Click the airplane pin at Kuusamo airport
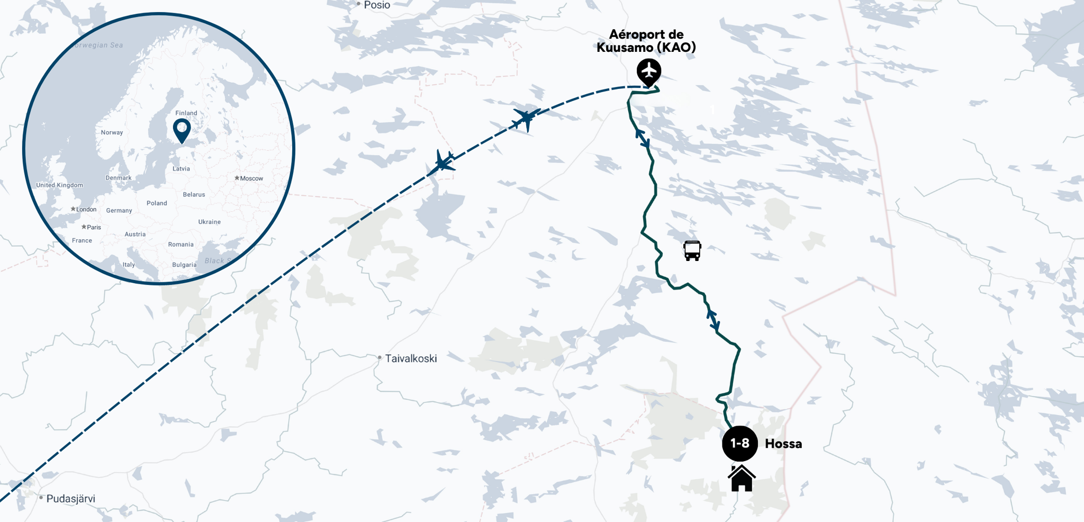pyautogui.click(x=648, y=71)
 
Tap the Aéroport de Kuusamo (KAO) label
pyautogui.click(x=646, y=41)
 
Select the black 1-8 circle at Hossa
pyautogui.click(x=739, y=444)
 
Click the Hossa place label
pyautogui.click(x=783, y=444)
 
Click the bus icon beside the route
pyautogui.click(x=692, y=250)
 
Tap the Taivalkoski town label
pyautogui.click(x=411, y=358)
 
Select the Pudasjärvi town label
pyautogui.click(x=70, y=499)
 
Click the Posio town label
pyautogui.click(x=376, y=5)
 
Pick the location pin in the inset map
pyautogui.click(x=182, y=130)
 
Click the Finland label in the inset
pyautogui.click(x=186, y=113)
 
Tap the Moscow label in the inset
pyautogui.click(x=251, y=178)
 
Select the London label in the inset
pyautogui.click(x=86, y=209)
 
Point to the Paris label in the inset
pyautogui.click(x=93, y=227)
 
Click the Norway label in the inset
pyautogui.click(x=112, y=132)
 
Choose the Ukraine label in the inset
pyautogui.click(x=209, y=222)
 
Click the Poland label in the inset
pyautogui.click(x=157, y=203)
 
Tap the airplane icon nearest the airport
pyautogui.click(x=525, y=119)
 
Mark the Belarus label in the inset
pyautogui.click(x=194, y=194)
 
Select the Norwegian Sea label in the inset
pyautogui.click(x=98, y=46)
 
